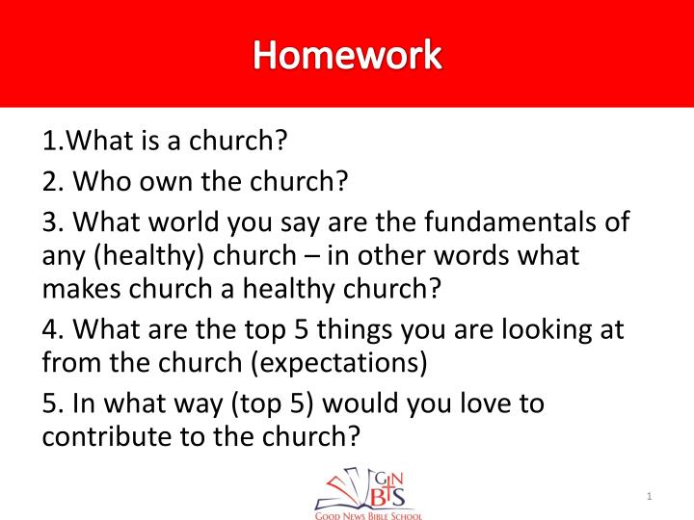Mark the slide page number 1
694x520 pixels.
[x=650, y=496]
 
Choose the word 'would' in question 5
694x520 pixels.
[x=341, y=403]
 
